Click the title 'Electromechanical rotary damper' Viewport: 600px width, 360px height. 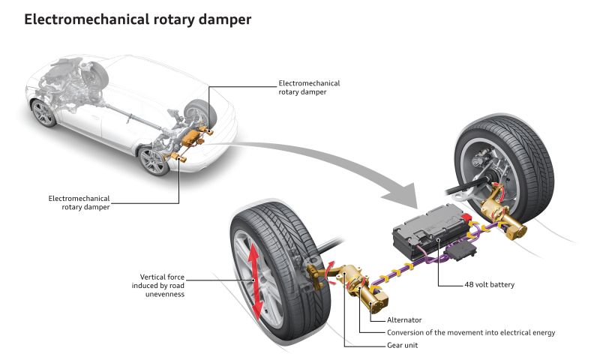(x=138, y=19)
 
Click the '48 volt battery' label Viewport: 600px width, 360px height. (x=490, y=285)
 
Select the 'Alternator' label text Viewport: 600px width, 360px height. (x=404, y=319)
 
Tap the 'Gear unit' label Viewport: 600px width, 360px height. (x=403, y=345)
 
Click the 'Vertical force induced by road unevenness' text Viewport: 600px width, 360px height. (x=158, y=286)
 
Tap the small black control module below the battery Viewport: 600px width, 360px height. (x=463, y=250)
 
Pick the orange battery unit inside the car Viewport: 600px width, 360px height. (x=190, y=137)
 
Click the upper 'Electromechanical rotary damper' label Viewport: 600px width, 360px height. (x=309, y=88)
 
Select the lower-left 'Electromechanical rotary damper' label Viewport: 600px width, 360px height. (x=79, y=202)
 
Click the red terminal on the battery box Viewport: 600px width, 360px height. (x=466, y=218)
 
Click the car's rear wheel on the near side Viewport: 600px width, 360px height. (x=153, y=160)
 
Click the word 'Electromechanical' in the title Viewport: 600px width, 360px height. (x=87, y=19)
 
